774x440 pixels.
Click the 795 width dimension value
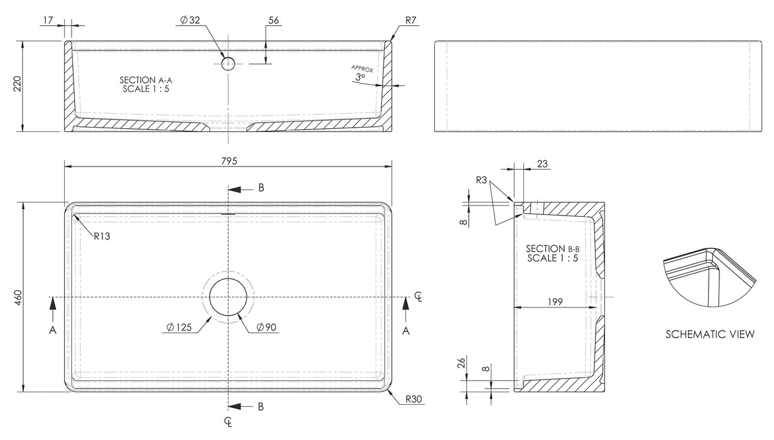pyautogui.click(x=229, y=161)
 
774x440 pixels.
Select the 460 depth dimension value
pyautogui.click(x=18, y=296)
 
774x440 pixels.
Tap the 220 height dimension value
pyautogui.click(x=18, y=85)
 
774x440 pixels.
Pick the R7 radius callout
pyautogui.click(x=412, y=20)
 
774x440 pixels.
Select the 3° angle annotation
pyautogui.click(x=359, y=77)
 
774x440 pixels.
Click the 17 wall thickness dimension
pyautogui.click(x=47, y=20)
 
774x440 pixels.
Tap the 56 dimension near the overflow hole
pyautogui.click(x=273, y=20)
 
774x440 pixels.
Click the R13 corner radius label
pyautogui.click(x=103, y=237)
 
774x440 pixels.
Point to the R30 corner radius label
pyautogui.click(x=413, y=399)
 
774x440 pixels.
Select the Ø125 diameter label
pyautogui.click(x=178, y=327)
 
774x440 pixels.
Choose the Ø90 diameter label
pyautogui.click(x=267, y=327)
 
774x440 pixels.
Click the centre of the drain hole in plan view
pyautogui.click(x=229, y=297)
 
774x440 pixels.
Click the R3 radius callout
pyautogui.click(x=481, y=180)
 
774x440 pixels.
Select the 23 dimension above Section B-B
pyautogui.click(x=542, y=163)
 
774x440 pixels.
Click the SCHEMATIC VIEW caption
pyautogui.click(x=710, y=334)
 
